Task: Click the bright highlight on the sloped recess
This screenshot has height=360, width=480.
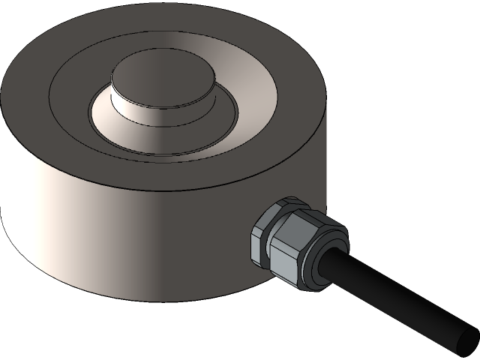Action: (x=225, y=52)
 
